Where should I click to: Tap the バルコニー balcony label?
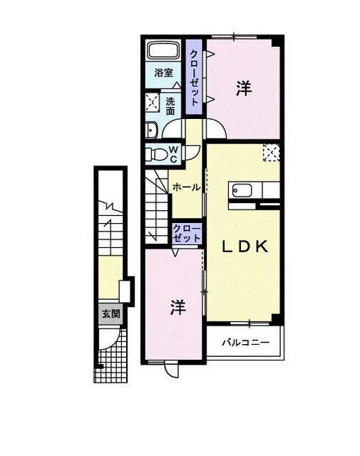click(245, 343)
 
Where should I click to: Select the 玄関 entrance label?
click(110, 313)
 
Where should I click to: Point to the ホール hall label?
click(187, 187)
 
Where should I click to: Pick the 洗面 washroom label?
click(171, 106)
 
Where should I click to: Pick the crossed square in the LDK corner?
click(271, 152)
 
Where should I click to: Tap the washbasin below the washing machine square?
click(152, 129)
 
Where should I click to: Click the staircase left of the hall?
click(157, 207)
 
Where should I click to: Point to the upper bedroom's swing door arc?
click(217, 130)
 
